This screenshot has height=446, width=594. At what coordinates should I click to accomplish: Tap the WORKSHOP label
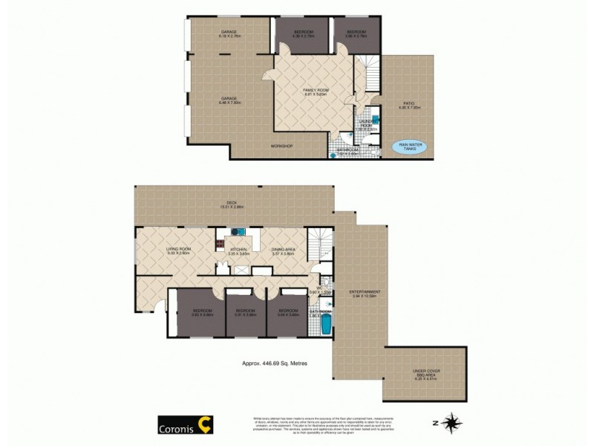coord(281,146)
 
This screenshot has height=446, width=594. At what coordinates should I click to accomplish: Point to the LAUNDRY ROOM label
coord(366,125)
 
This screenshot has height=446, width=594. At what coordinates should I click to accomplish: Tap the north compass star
coord(451,423)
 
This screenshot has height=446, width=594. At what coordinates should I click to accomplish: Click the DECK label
coord(234,205)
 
